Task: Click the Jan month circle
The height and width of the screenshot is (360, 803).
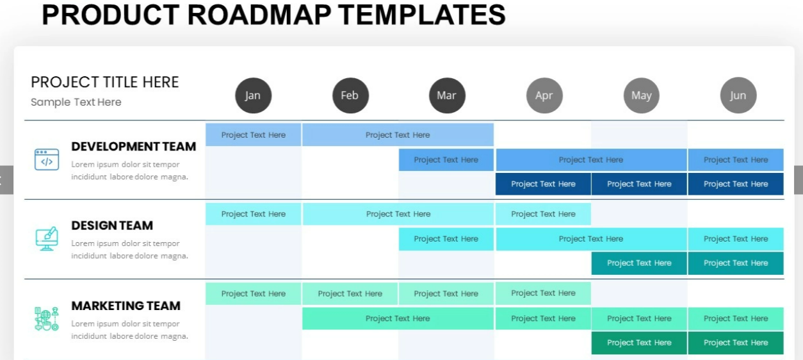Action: point(253,95)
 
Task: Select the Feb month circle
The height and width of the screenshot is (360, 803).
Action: point(350,95)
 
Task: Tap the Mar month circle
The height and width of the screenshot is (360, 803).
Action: point(447,95)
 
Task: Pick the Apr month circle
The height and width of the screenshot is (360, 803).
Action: point(544,95)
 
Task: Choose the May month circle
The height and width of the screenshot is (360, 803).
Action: point(642,95)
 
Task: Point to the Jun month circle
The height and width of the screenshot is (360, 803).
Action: point(738,95)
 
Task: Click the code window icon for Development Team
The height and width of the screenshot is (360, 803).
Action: point(47,160)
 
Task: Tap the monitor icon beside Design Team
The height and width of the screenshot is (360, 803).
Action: point(47,238)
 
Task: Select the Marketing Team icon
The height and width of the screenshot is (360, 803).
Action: point(47,319)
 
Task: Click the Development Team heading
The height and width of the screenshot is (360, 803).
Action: point(134,146)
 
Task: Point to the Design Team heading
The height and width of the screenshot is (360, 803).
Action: point(112,225)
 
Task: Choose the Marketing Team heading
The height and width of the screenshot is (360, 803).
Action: point(126,306)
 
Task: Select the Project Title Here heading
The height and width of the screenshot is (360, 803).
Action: point(104,82)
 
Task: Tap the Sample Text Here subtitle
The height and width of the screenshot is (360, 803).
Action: point(76,102)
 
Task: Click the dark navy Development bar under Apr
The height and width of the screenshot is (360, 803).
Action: point(543,184)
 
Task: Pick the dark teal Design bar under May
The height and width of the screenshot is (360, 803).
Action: point(639,263)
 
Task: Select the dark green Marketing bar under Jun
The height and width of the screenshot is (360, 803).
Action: point(736,343)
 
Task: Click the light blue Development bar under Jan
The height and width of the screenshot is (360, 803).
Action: point(253,135)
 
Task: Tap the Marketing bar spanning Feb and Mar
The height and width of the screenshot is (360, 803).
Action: point(398,318)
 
